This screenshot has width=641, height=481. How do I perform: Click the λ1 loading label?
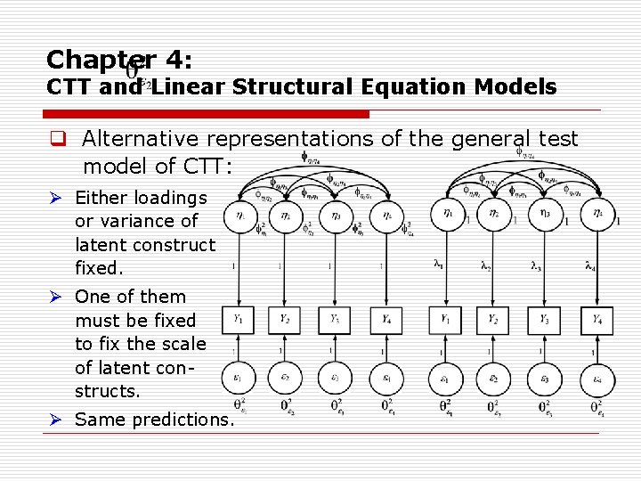pos(438,265)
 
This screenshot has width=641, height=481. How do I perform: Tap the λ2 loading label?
pos(484,265)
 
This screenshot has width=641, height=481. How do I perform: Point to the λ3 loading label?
pos(535,265)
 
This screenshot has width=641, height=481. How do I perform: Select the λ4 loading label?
pos(589,265)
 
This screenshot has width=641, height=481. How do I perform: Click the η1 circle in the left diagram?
pos(239,216)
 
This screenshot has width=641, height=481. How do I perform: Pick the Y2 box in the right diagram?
pos(492,320)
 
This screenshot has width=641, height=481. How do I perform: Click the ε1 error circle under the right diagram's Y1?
pos(445,378)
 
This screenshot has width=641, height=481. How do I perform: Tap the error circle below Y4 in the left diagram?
pos(386,378)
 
